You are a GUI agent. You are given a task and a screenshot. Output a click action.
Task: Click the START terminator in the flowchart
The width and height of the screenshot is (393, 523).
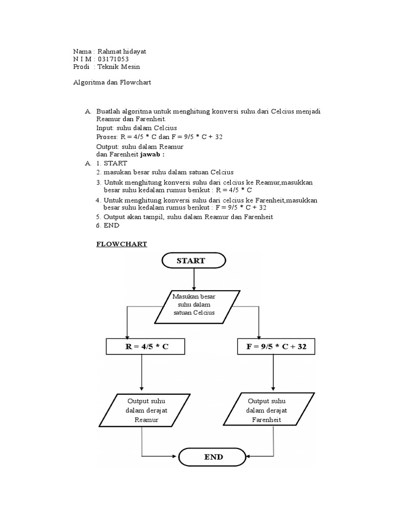click(x=193, y=260)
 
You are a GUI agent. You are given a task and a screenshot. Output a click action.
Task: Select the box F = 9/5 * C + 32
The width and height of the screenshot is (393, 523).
click(x=276, y=347)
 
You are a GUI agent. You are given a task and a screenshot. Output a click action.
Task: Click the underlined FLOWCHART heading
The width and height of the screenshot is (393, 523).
click(x=122, y=244)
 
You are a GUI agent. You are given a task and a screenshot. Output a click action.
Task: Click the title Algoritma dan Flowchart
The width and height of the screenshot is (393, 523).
click(x=113, y=82)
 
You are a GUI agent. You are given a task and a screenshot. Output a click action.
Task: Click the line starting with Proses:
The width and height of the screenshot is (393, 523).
click(x=159, y=137)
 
